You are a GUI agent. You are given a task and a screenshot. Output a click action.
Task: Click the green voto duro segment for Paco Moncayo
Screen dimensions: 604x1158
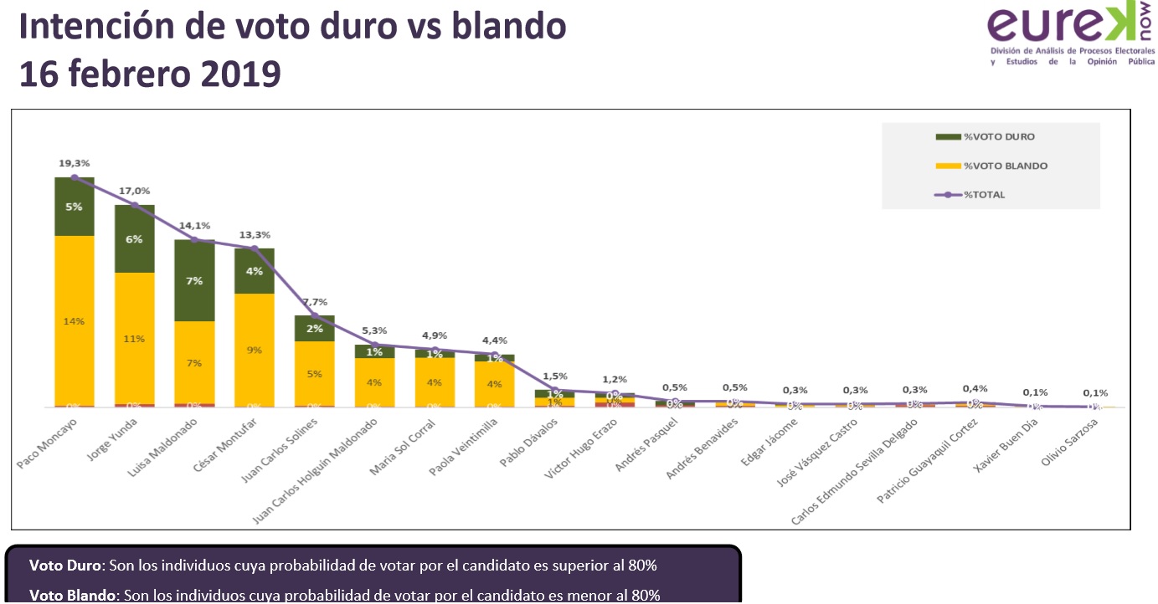[x=75, y=207]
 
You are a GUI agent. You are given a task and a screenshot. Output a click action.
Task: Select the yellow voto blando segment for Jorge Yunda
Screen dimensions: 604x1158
[x=135, y=338]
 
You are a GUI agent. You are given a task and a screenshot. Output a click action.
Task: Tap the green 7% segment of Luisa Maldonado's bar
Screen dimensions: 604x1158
[x=194, y=281]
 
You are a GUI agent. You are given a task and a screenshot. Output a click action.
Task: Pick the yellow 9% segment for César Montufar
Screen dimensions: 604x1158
[x=255, y=349]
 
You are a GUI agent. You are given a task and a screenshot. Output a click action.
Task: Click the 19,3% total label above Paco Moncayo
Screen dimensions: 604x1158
[x=74, y=163]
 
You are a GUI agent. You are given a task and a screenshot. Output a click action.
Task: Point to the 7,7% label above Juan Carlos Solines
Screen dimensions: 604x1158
[x=314, y=301]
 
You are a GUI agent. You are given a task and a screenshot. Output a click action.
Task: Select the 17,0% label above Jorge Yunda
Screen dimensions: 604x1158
[x=134, y=191]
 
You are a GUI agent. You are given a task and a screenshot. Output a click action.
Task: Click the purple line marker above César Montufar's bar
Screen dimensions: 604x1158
[x=255, y=248]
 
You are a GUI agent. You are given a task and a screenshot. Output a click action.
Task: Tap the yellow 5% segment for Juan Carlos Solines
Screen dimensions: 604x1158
[x=314, y=374]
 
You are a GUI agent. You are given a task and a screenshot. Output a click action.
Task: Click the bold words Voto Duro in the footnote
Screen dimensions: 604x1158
[x=65, y=565]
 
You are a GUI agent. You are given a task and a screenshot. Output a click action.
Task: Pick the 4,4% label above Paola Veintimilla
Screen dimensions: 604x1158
[x=495, y=340]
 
